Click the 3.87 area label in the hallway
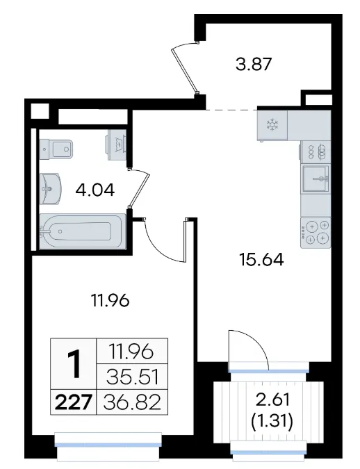(x=254, y=64)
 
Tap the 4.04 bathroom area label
(x=95, y=190)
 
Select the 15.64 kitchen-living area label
(x=261, y=259)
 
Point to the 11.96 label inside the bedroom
(x=110, y=300)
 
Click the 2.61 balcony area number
(x=272, y=400)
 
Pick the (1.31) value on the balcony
(x=272, y=421)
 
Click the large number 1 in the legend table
(x=74, y=364)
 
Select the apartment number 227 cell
(x=73, y=402)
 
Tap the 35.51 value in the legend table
(x=132, y=377)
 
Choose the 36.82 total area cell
(x=132, y=402)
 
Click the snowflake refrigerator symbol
(x=272, y=124)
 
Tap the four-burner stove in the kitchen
(x=316, y=233)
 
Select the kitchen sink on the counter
(x=316, y=179)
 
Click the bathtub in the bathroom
(x=82, y=231)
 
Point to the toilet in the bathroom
(x=56, y=149)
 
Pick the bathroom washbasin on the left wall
(x=50, y=188)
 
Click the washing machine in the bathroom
(x=116, y=145)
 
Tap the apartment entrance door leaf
(x=185, y=69)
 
